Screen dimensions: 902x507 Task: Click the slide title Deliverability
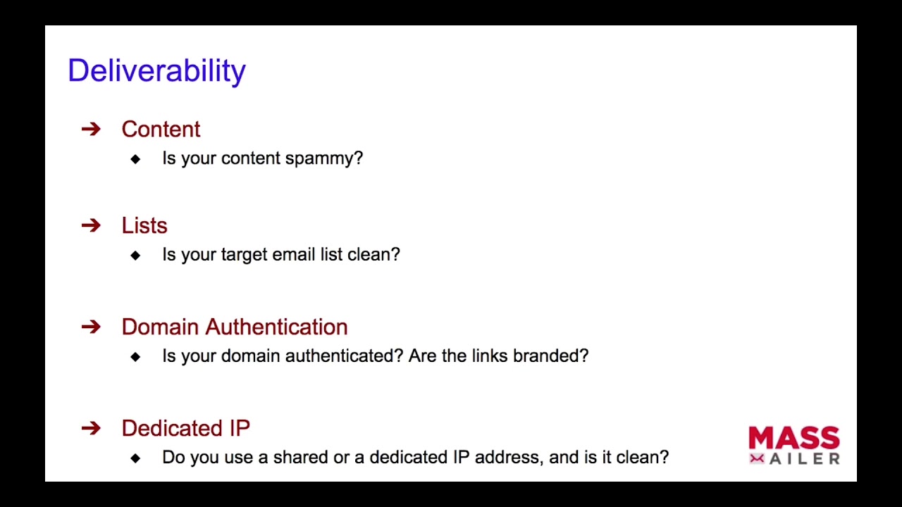tap(156, 71)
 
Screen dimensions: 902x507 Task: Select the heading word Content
tap(161, 129)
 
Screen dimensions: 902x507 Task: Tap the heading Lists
tap(144, 225)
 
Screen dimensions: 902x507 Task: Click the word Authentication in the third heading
tap(276, 327)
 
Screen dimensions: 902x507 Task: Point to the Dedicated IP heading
tap(186, 427)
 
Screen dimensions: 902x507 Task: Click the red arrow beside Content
tap(91, 129)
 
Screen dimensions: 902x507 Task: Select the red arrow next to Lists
tap(91, 225)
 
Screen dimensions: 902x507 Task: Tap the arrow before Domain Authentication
tap(91, 327)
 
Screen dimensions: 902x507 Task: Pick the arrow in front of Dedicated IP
tap(91, 428)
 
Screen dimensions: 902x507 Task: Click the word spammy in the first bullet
tap(324, 158)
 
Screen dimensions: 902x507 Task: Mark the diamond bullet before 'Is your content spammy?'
tap(136, 159)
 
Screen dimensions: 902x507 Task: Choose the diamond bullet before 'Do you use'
tap(136, 458)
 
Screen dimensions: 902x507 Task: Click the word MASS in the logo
tap(794, 438)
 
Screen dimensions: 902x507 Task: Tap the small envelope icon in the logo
tap(757, 459)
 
